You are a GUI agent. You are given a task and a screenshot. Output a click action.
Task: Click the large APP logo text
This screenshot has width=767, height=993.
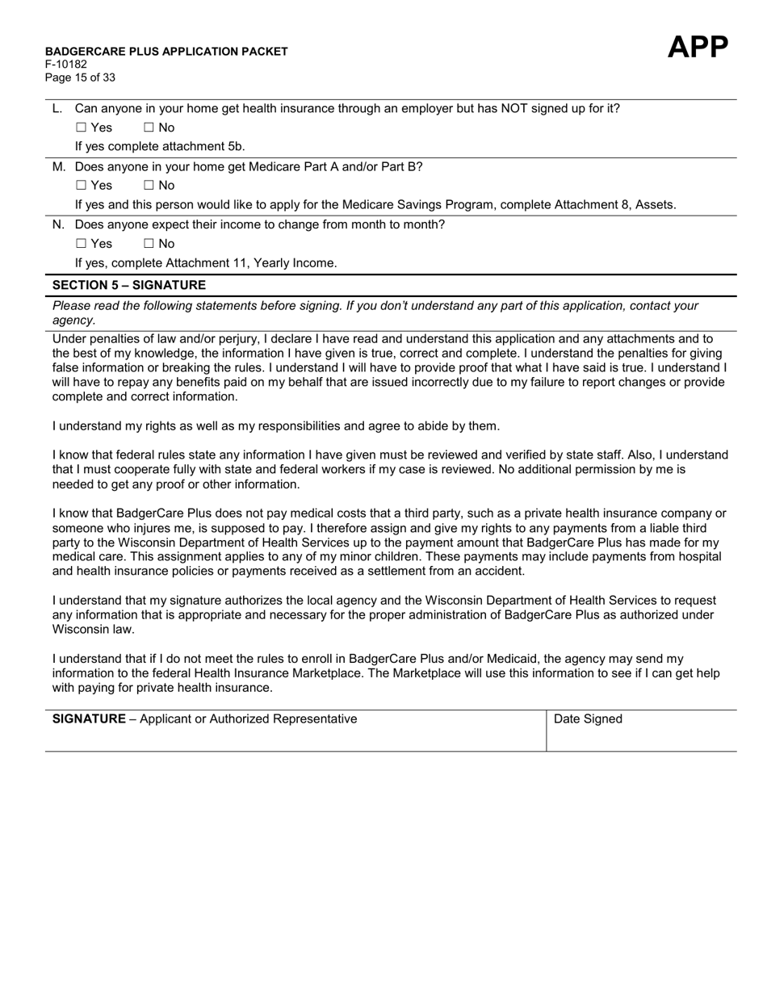tap(698, 48)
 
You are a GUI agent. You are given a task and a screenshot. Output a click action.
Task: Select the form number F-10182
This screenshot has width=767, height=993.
tap(66, 65)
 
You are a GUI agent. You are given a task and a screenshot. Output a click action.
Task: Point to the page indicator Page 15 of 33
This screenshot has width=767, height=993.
tap(80, 78)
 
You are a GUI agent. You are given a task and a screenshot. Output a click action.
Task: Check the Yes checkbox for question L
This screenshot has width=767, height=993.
tap(81, 128)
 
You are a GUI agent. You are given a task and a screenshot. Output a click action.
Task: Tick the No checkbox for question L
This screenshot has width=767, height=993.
tap(149, 128)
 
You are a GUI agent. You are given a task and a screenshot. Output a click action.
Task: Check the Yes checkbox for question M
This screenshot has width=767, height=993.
tap(81, 186)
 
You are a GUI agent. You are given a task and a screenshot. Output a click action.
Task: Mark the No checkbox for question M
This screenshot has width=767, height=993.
tap(149, 186)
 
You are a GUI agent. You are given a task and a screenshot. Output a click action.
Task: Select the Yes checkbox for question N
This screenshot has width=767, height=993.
tap(81, 244)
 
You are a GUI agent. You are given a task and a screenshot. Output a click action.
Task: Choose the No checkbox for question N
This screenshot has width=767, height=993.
tap(149, 244)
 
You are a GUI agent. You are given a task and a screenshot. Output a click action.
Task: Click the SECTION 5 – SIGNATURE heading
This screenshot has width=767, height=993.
tap(129, 285)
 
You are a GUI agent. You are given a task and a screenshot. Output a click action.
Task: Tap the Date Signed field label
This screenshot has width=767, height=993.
tap(588, 719)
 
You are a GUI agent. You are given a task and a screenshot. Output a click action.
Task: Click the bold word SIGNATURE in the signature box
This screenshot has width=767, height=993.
tap(89, 719)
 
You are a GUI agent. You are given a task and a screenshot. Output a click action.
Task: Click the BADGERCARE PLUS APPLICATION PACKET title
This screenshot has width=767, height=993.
tap(166, 52)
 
